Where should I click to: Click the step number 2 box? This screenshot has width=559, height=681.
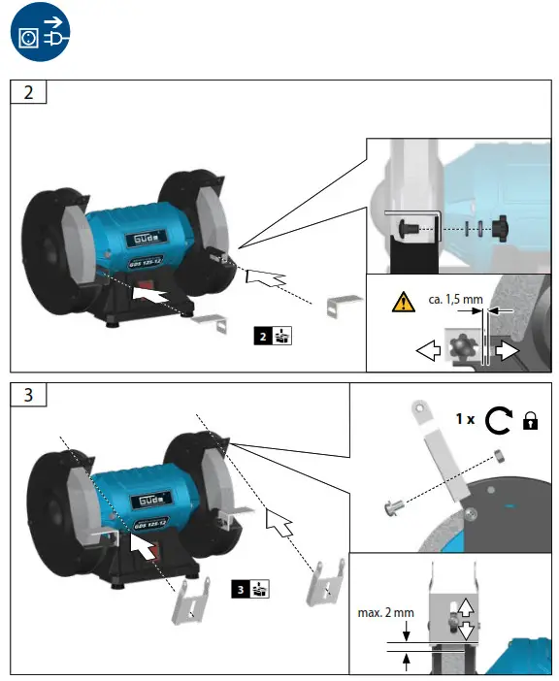click(28, 93)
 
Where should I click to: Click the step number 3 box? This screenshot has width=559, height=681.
click(28, 396)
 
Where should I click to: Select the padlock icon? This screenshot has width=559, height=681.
click(530, 421)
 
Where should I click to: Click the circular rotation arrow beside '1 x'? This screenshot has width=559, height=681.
click(498, 420)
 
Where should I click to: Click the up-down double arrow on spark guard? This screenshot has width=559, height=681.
click(465, 619)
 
